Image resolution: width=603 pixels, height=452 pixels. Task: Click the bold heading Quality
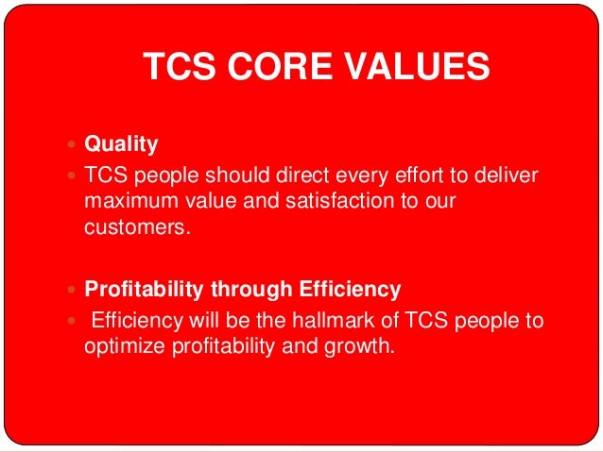[122, 145]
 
